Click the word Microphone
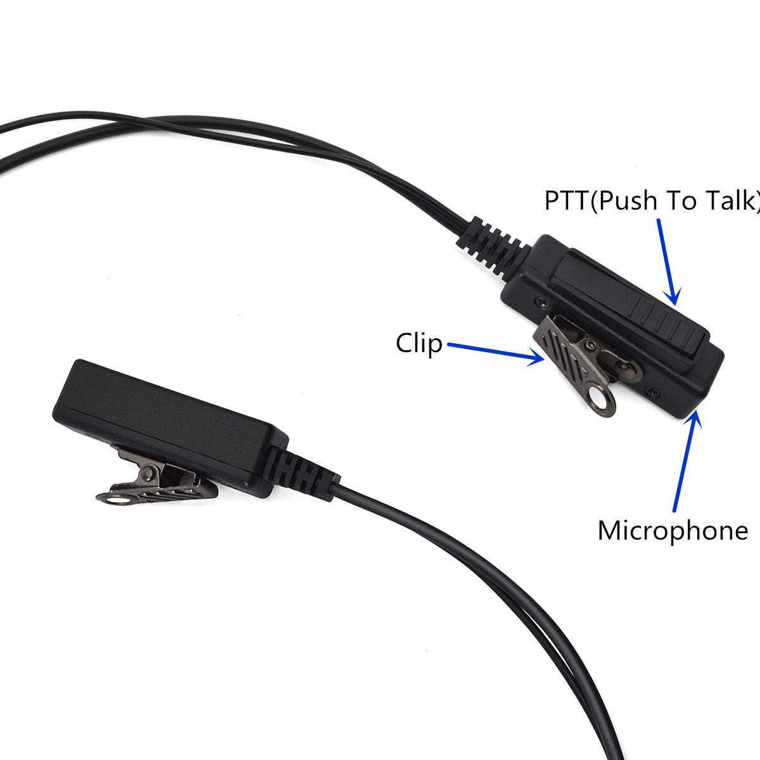coord(673,531)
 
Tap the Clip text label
coord(419,344)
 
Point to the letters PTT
coord(566,201)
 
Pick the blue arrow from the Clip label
coord(496,353)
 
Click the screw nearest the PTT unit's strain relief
coord(540,303)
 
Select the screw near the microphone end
coord(651,391)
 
